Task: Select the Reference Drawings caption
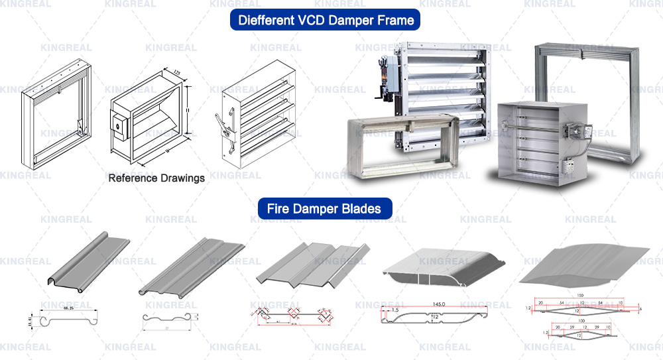click(x=156, y=178)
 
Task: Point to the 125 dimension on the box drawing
click(x=177, y=72)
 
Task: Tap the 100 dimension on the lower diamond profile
click(x=580, y=320)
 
